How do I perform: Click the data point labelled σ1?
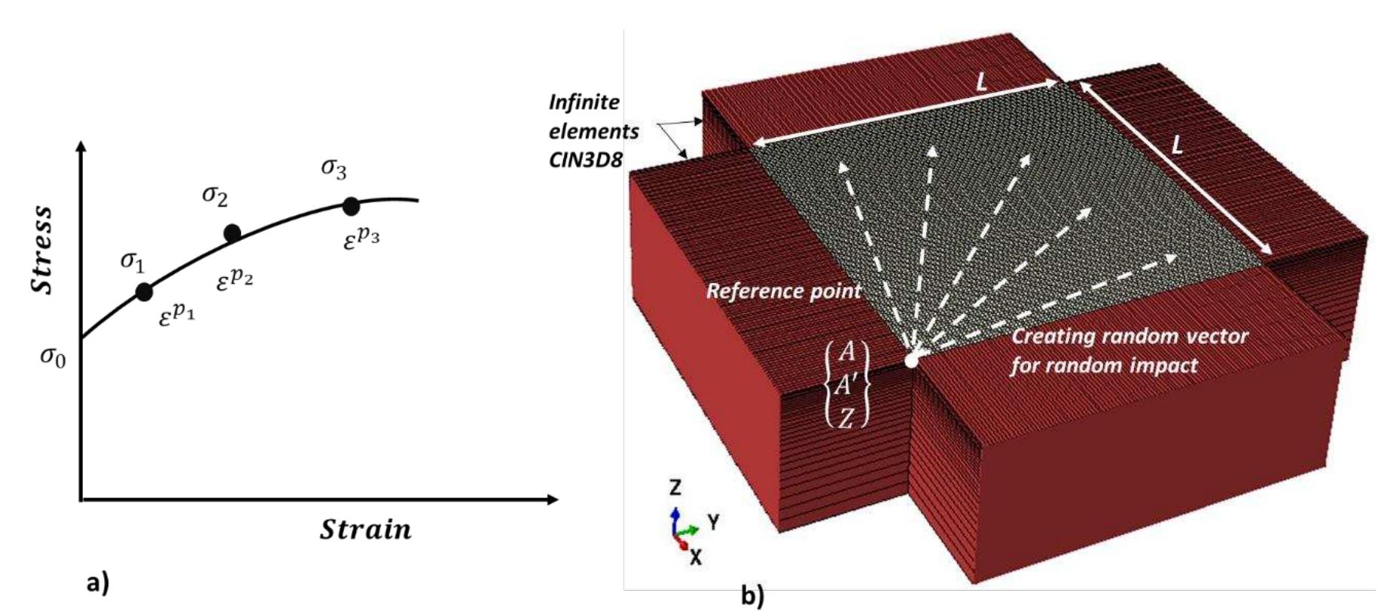coord(144,292)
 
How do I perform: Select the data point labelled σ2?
coord(233,233)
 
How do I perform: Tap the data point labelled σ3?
coord(351,206)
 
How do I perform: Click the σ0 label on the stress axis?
coord(53,357)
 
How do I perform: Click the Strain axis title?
coord(366,529)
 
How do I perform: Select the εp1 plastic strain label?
coord(177,314)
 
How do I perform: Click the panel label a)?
coord(98,583)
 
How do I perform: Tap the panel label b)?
coord(752,596)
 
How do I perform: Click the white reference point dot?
coord(912,360)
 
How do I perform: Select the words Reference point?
coord(783,291)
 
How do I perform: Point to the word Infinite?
coord(584,102)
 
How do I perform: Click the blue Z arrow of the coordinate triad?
coord(675,520)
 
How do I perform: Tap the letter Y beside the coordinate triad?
coord(713,521)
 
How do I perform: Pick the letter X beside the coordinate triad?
coord(696,558)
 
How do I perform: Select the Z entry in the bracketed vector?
coord(846,417)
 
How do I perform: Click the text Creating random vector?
coord(1129,336)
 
